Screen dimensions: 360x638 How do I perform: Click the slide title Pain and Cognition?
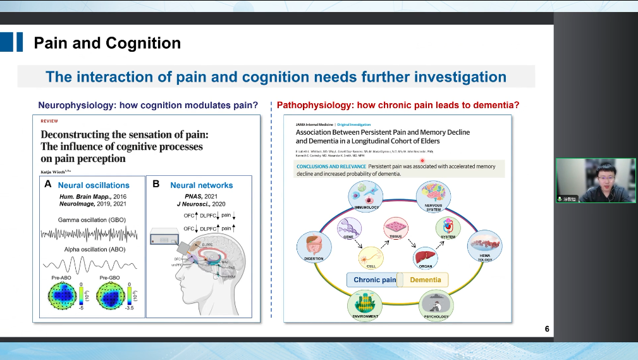[x=107, y=43]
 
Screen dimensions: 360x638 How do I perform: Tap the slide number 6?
[x=547, y=329]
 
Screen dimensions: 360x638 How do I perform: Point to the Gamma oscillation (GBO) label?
[x=92, y=220]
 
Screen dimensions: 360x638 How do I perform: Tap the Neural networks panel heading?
[x=201, y=185]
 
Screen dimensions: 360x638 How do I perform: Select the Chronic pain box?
[x=375, y=280]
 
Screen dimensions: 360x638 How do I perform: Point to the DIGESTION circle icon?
[x=314, y=245]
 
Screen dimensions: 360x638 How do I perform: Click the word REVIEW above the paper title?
[x=49, y=120]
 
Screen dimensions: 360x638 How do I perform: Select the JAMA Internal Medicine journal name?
[x=315, y=125]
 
